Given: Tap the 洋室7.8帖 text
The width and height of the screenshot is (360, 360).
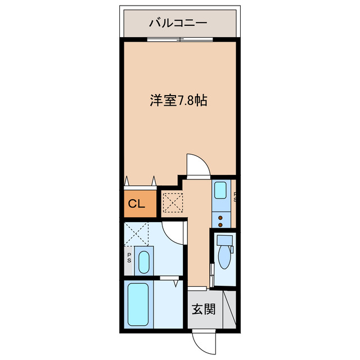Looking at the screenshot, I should [178, 101].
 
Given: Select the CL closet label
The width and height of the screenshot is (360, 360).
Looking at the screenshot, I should [137, 204].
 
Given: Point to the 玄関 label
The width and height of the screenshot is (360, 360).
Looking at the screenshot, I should [203, 309].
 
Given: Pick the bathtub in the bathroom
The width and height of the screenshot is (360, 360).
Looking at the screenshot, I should [138, 304].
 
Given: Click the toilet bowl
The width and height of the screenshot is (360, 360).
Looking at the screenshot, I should [225, 258].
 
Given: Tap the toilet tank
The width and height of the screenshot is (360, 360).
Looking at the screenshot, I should [224, 240].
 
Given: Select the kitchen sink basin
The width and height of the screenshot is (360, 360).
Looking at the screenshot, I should [220, 189].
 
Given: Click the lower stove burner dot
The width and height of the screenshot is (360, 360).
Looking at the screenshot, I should [220, 223].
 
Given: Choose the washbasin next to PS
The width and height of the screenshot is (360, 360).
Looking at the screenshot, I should [144, 261].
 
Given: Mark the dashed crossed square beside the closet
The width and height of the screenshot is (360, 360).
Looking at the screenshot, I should [173, 202].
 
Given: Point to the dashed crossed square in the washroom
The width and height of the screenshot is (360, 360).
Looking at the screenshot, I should [137, 233].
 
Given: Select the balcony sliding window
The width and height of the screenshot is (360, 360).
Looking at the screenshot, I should [179, 39].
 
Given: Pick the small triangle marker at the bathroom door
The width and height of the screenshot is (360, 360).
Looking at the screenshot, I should [176, 283].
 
